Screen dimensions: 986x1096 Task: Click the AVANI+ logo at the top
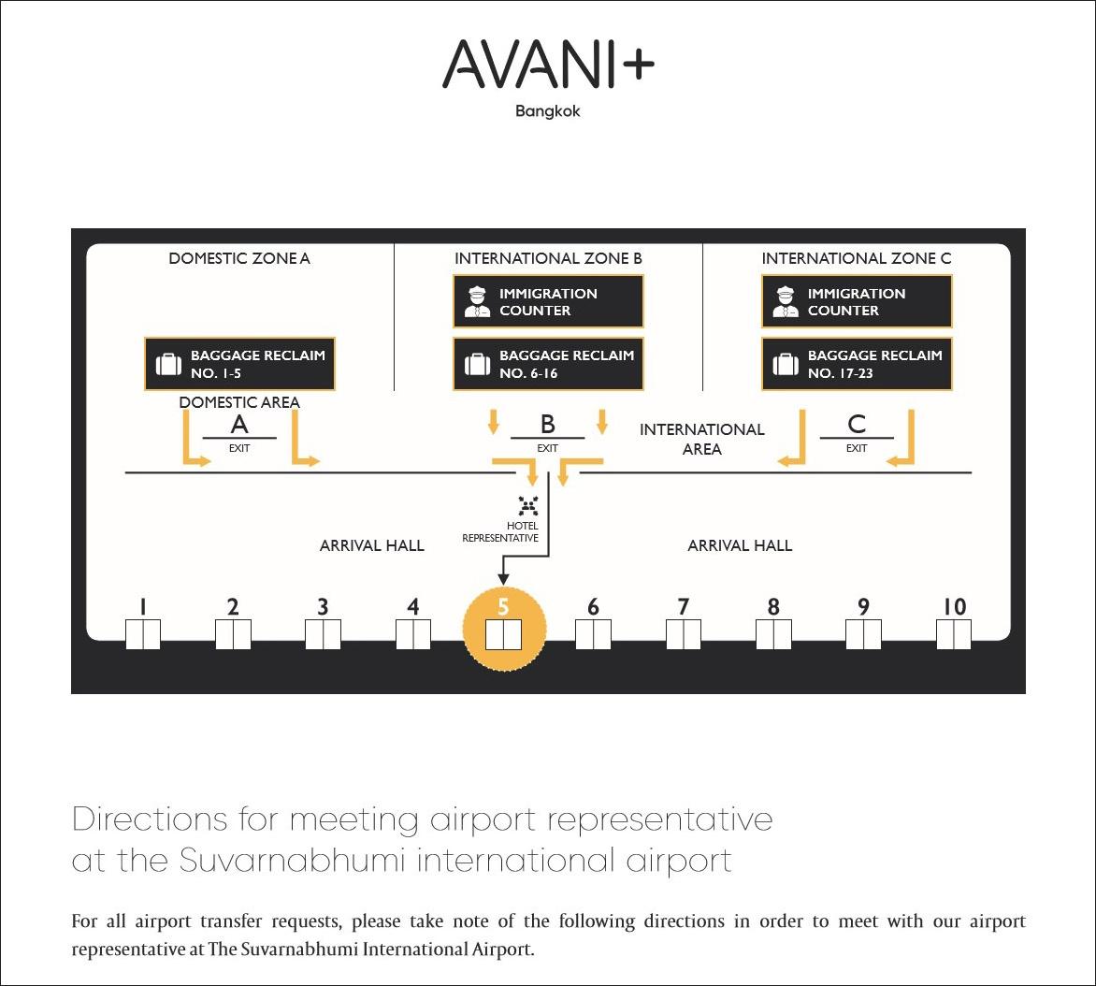point(548,64)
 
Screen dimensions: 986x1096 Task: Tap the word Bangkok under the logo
point(548,111)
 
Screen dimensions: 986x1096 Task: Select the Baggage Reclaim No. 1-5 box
point(239,364)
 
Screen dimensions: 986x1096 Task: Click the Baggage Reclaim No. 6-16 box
point(548,364)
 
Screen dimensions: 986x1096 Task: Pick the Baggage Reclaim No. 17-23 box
point(857,364)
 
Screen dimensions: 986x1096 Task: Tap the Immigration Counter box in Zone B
point(548,301)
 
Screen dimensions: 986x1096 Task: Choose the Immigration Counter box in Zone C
point(857,301)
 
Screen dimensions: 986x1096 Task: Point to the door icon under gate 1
point(143,634)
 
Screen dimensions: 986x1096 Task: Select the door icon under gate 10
point(954,634)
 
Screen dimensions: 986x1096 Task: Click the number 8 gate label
point(773,607)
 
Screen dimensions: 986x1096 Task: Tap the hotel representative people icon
point(528,506)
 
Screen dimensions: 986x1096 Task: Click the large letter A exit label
point(239,425)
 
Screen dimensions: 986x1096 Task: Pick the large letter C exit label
point(857,425)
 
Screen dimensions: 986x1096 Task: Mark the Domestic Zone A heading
point(239,258)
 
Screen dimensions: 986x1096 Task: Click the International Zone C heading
point(857,258)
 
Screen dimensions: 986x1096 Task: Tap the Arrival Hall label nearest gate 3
point(372,545)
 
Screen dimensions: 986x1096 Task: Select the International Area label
point(702,439)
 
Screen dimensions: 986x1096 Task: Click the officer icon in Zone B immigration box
point(477,301)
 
